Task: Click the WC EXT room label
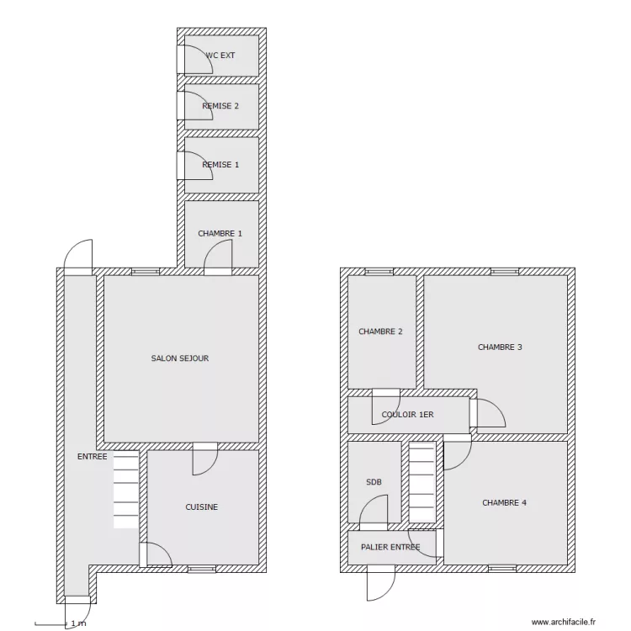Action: pos(220,56)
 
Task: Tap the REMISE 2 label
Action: pos(220,106)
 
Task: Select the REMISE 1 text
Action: pos(220,165)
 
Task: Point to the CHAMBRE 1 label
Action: pos(220,233)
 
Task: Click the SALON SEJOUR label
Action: pos(180,358)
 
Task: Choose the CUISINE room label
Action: pos(202,507)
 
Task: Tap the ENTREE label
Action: pos(93,456)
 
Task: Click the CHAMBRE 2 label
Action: pos(380,331)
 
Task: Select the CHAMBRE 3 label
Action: pos(500,347)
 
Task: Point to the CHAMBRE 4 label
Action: pos(504,502)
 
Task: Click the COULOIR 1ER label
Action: pos(408,415)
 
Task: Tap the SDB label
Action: pos(374,482)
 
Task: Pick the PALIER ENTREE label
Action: pos(390,547)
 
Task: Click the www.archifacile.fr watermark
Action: pos(564,622)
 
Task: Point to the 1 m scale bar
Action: pos(50,624)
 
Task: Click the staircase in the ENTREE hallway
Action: pos(126,490)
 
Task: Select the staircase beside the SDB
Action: pos(422,483)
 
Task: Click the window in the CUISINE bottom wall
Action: pos(202,569)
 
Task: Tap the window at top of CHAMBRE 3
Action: pos(505,272)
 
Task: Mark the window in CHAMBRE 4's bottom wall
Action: pos(502,569)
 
